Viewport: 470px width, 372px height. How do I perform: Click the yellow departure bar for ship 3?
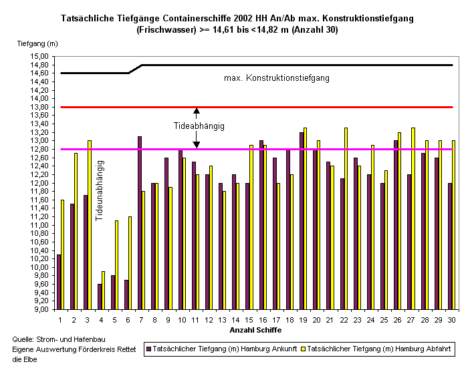click(90, 224)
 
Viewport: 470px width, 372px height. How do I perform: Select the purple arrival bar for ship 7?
click(139, 223)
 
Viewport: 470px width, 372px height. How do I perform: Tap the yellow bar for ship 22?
click(346, 218)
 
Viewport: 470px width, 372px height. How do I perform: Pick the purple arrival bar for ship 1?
click(59, 282)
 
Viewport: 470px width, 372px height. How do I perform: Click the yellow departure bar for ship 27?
click(413, 218)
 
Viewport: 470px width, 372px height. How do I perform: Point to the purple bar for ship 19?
click(302, 221)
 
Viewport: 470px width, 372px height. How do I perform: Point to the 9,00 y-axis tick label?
click(40, 310)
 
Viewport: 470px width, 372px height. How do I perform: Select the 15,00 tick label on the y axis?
click(39, 56)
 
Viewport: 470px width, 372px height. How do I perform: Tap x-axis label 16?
click(263, 320)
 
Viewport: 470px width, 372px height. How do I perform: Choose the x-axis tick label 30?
click(451, 320)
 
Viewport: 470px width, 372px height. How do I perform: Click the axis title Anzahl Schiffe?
click(255, 330)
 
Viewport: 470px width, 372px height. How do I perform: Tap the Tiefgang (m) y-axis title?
click(37, 43)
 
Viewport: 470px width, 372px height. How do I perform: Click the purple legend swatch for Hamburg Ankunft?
click(149, 349)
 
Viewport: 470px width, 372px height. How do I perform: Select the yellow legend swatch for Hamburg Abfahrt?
click(303, 349)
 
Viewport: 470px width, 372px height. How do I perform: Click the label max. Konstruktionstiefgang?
click(277, 78)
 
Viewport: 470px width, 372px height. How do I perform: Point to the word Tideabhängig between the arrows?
click(199, 126)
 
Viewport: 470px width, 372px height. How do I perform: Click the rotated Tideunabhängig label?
click(100, 190)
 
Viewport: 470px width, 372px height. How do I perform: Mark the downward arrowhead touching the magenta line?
click(197, 145)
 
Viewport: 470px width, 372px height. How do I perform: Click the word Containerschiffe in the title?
click(197, 18)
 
